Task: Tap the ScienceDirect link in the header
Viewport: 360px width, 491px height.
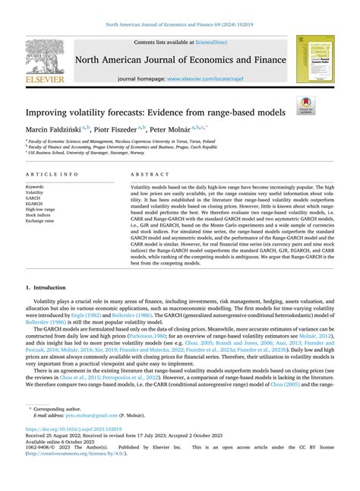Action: pyautogui.click(x=216, y=43)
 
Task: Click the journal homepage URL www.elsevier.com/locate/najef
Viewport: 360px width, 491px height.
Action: pyautogui.click(x=213, y=79)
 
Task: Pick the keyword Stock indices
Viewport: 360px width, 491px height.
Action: pyautogui.click(x=39, y=214)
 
